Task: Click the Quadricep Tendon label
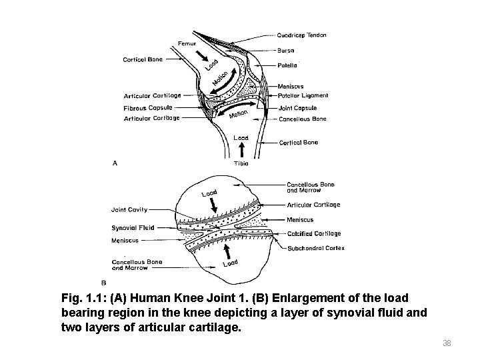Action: point(302,35)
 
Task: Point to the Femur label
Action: point(186,43)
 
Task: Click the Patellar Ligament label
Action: point(303,96)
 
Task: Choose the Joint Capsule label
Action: point(297,108)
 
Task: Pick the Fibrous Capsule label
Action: point(148,107)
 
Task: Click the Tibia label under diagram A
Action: point(241,163)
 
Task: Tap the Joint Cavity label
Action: point(129,209)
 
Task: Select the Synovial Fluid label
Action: point(133,227)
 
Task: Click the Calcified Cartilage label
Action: point(313,234)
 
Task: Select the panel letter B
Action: point(103,282)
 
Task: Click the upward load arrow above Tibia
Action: point(241,151)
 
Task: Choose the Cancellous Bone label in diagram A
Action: point(302,119)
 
